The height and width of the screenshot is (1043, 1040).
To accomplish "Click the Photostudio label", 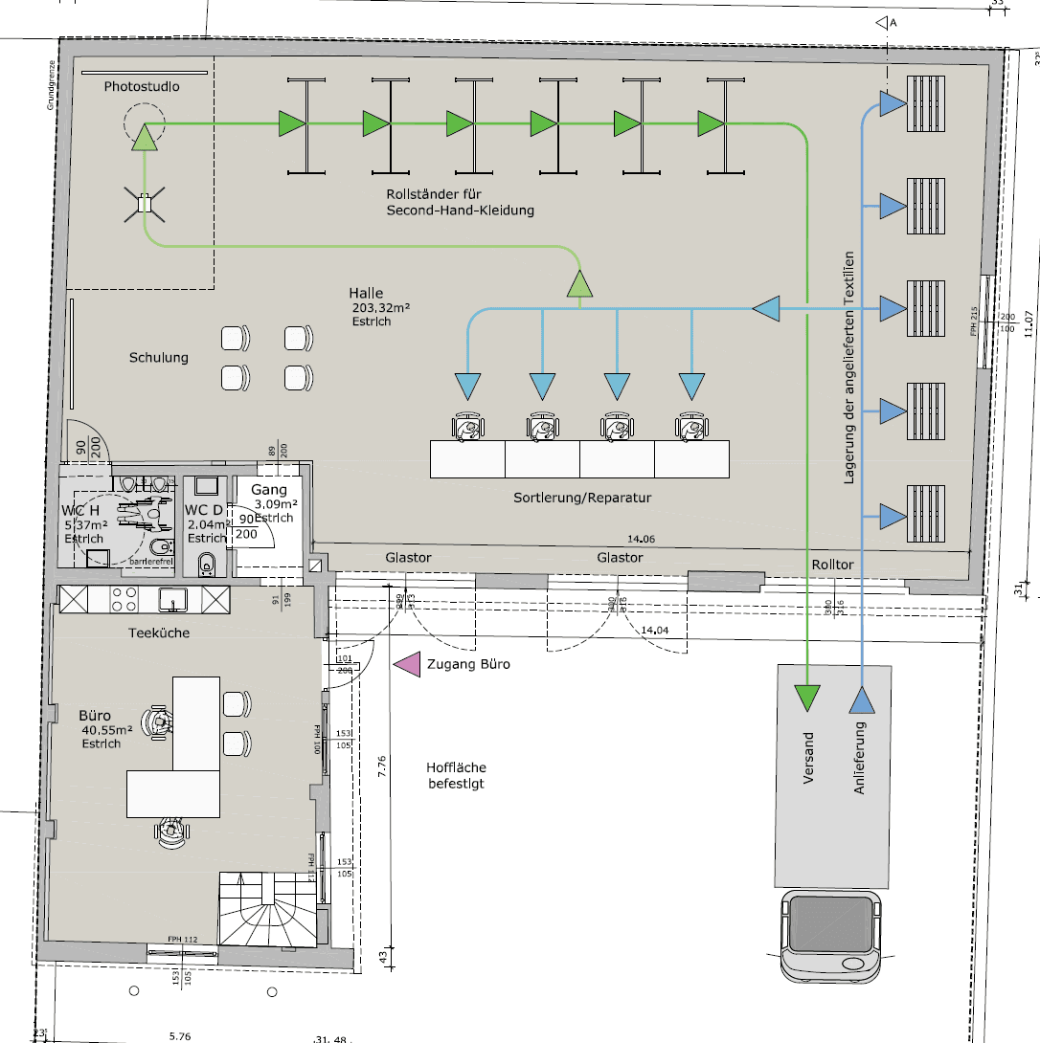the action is (142, 87).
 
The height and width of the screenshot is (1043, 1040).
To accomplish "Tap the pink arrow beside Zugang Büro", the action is (408, 664).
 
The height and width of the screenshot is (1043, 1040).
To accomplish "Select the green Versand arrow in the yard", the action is (808, 698).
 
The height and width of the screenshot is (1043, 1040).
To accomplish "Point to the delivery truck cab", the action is (830, 937).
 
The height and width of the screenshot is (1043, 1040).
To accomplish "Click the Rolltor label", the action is (831, 566).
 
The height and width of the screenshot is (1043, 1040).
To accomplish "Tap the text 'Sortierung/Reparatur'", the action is (582, 499).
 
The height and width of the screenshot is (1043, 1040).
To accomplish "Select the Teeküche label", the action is (159, 632).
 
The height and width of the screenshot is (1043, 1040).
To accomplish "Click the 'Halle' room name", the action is (366, 294).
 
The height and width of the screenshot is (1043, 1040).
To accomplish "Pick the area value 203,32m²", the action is (381, 308).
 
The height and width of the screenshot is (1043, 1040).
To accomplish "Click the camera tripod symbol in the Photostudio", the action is (144, 203).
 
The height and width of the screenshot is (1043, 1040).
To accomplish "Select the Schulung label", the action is (159, 358).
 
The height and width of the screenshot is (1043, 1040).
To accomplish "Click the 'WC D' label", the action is (204, 510).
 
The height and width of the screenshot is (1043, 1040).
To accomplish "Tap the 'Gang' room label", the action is (269, 490).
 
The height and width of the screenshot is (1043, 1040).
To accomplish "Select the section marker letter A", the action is (893, 22).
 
